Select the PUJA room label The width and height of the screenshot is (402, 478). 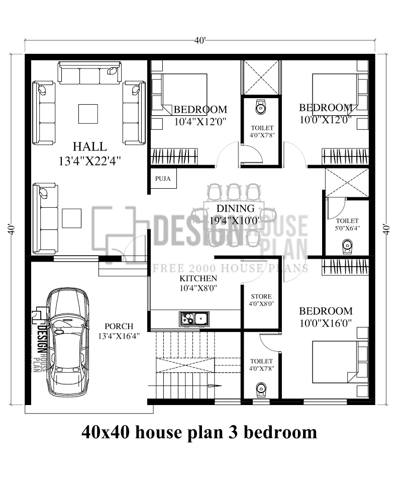pyautogui.click(x=162, y=178)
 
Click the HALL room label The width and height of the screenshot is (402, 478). pyautogui.click(x=89, y=147)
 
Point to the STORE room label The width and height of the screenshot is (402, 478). pyautogui.click(x=260, y=296)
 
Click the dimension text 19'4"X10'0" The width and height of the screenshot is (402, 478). pyautogui.click(x=235, y=220)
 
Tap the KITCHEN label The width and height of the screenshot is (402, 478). pyautogui.click(x=198, y=278)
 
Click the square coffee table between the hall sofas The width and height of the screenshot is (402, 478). pyautogui.click(x=88, y=113)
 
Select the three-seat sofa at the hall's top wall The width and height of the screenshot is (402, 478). pyautogui.click(x=90, y=73)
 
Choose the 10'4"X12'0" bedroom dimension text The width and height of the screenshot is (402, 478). pyautogui.click(x=200, y=121)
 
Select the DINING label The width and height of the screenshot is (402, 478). pyautogui.click(x=235, y=208)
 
